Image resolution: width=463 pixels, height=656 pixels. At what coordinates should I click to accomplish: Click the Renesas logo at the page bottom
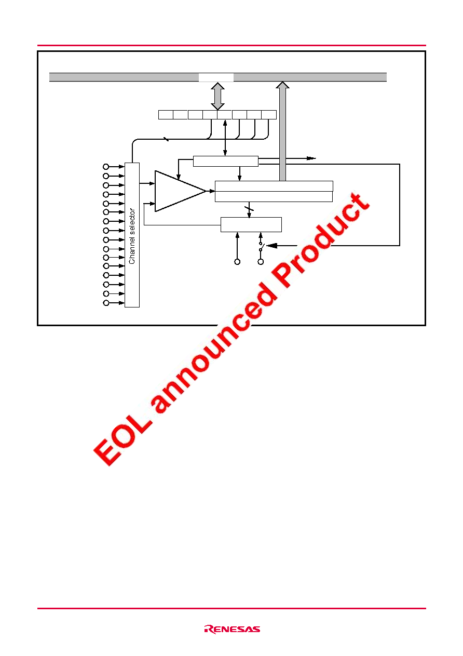click(x=232, y=629)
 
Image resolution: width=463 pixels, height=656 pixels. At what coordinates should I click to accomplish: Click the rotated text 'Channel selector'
click(x=132, y=236)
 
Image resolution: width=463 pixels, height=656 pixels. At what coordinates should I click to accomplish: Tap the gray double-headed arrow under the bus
click(x=217, y=96)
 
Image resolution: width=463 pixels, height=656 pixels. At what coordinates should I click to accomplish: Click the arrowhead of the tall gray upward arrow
click(x=282, y=85)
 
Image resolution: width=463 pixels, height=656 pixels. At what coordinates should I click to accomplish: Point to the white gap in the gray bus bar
click(x=216, y=77)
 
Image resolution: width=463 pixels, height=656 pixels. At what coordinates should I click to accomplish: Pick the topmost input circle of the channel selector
click(x=106, y=167)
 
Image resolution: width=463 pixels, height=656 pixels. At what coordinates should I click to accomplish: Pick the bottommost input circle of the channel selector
click(x=106, y=303)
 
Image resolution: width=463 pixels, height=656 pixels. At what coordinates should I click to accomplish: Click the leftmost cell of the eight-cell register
click(x=166, y=115)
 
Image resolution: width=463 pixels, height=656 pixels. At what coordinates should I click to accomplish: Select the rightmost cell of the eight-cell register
click(x=269, y=115)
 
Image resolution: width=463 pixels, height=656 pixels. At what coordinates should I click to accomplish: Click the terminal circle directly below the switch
click(x=261, y=262)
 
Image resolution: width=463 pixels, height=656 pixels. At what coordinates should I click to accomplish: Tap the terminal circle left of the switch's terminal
click(x=237, y=262)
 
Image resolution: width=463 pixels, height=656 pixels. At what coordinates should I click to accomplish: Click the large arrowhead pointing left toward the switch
click(x=272, y=246)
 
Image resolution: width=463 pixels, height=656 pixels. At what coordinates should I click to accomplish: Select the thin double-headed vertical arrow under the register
click(x=225, y=138)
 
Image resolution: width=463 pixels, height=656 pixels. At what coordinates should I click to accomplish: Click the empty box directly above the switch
click(x=251, y=224)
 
